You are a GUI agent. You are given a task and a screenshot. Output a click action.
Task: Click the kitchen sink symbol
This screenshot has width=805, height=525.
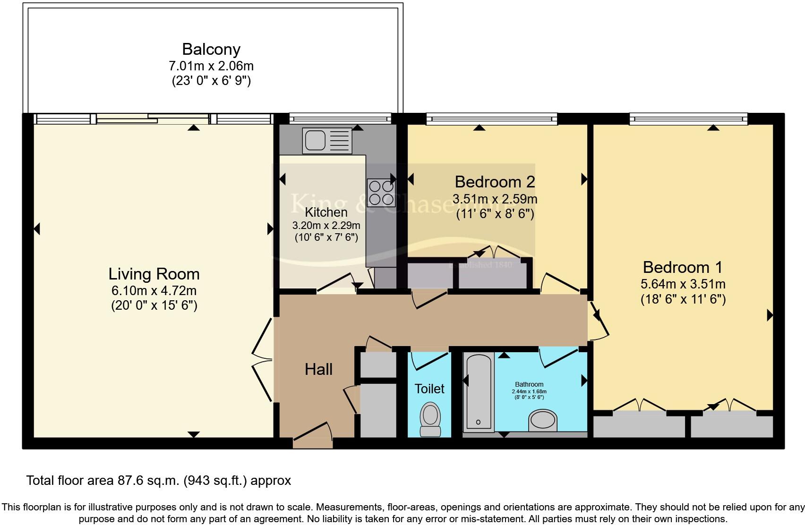click(327, 140)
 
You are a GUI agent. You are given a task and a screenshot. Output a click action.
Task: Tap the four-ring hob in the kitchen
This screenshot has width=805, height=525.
click(381, 193)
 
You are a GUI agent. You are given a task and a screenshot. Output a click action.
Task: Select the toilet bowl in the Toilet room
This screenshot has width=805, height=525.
click(430, 418)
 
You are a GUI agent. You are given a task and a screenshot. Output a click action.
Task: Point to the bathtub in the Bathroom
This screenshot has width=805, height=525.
click(478, 391)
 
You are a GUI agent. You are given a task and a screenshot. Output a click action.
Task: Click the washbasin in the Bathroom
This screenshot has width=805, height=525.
click(543, 420)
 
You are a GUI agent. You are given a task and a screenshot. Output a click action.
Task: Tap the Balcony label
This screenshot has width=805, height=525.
click(211, 49)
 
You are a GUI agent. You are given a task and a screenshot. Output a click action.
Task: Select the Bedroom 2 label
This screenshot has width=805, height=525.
click(495, 181)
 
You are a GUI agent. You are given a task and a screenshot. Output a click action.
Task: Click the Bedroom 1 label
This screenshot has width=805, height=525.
click(683, 267)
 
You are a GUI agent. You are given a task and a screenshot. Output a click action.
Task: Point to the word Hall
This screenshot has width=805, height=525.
click(318, 369)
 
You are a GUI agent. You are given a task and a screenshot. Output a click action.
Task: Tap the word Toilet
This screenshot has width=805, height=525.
click(429, 389)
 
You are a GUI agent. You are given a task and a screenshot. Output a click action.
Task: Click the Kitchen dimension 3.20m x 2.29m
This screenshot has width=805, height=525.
click(326, 225)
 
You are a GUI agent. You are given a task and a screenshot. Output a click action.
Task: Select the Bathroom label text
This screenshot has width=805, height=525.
click(529, 384)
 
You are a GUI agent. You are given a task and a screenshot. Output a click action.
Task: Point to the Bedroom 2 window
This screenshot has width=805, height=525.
click(491, 119)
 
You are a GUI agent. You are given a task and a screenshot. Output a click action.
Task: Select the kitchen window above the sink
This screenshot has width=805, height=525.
click(340, 118)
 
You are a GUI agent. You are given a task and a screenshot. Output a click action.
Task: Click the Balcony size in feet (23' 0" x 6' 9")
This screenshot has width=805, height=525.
click(211, 81)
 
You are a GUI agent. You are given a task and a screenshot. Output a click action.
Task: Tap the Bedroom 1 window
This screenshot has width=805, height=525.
click(688, 119)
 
